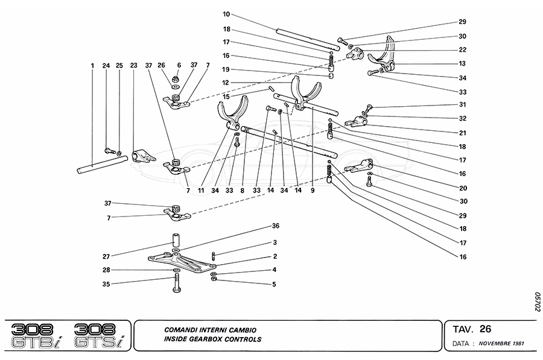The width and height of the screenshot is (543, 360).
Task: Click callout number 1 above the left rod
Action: click(93, 65)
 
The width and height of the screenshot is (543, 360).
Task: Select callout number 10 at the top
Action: click(226, 14)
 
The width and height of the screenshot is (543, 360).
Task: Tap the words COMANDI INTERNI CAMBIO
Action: click(211, 330)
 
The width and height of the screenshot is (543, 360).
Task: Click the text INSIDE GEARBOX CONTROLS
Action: click(213, 339)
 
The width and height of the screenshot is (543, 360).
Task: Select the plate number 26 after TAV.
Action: click(485, 329)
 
